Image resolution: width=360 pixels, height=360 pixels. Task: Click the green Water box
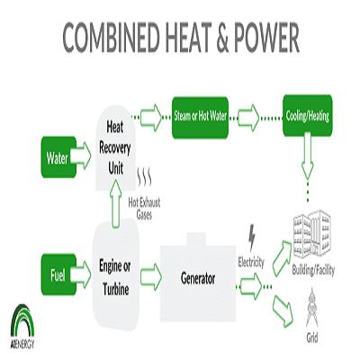pos(58,157)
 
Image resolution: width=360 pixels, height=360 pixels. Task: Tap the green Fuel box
pos(58,274)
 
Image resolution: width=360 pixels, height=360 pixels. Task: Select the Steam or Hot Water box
pos(200,117)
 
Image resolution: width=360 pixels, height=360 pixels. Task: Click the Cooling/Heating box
pos(308,115)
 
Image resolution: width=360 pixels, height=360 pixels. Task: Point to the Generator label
pos(198,279)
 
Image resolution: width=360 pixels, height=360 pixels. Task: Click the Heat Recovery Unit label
pos(115,148)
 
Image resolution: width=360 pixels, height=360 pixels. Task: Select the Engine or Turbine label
pos(115,278)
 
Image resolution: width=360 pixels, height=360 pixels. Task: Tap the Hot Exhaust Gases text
pos(144,209)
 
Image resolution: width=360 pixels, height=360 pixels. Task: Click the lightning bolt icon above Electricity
pos(252,238)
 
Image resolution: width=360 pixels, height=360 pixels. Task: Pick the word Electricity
pos(251,262)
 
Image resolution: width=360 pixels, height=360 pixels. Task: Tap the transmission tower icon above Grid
pos(312,308)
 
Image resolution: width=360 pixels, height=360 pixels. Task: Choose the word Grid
pos(312,338)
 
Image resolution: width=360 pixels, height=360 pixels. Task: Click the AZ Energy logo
pos(22,327)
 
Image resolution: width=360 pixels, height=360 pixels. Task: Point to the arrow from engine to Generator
pos(151,277)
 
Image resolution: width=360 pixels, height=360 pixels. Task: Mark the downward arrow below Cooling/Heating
pos(308,157)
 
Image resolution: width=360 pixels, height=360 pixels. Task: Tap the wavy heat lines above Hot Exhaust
pos(144,176)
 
